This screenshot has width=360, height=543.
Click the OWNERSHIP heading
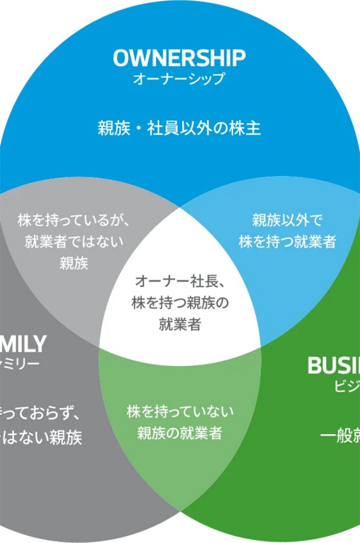point(179,58)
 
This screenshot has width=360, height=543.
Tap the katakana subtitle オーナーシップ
point(179,79)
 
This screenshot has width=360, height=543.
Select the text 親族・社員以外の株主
point(179,128)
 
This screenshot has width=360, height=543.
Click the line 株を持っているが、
point(74,220)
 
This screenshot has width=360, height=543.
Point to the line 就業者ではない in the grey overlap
point(74,242)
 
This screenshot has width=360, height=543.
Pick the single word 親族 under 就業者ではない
point(74,264)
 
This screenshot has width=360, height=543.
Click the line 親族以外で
point(287,220)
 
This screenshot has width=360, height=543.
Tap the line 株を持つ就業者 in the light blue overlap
point(287,242)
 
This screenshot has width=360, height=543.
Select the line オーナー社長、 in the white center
point(180,281)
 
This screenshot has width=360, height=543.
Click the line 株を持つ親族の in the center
point(180,303)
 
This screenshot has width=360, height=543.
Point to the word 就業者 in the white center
point(180,325)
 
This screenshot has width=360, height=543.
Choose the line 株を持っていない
point(180,411)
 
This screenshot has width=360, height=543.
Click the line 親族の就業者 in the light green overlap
point(179,433)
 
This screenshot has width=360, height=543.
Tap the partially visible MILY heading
point(23,344)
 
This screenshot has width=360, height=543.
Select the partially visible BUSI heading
point(333,365)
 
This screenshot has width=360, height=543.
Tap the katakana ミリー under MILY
point(20,364)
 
